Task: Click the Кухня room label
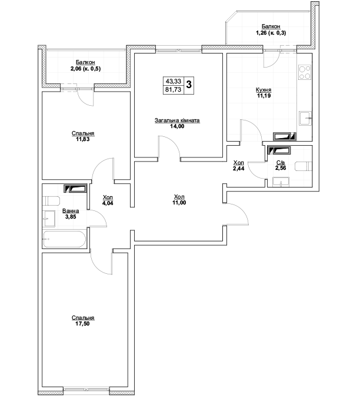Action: pos(264,90)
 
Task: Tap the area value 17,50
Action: pos(83,324)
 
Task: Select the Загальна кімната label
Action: pos(177,120)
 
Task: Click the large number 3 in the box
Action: pos(189,85)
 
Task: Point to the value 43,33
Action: pos(174,81)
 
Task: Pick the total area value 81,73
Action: pos(174,89)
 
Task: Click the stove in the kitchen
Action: pos(305,72)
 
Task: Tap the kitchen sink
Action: pos(306,118)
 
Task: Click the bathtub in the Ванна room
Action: pos(64,239)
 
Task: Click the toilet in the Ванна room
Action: pos(51,201)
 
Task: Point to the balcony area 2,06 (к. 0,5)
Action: pos(85,69)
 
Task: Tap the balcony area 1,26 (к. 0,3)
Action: pos(271,33)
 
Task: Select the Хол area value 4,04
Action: pos(108,203)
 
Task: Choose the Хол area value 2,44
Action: pos(239,168)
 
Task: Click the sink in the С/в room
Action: pos(281,182)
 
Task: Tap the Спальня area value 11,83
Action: pos(83,139)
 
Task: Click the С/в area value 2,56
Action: pos(281,168)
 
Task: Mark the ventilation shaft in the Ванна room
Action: pos(76,189)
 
